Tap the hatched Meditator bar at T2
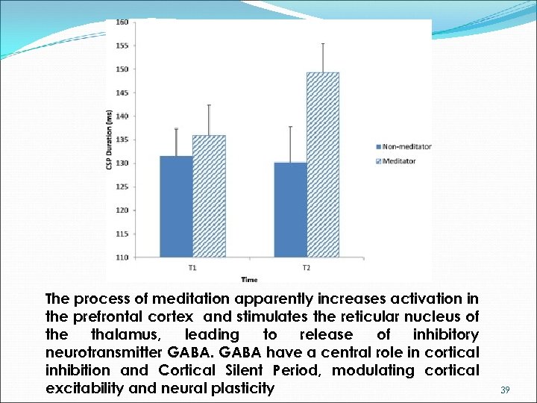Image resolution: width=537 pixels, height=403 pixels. [x=322, y=165]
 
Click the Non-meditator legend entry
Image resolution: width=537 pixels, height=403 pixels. [x=406, y=146]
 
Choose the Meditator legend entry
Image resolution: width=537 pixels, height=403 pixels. [x=401, y=160]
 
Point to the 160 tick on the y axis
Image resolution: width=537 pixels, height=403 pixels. [x=122, y=22]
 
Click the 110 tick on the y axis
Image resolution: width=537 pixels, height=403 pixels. [x=122, y=257]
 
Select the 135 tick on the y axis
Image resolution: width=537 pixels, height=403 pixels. [x=122, y=140]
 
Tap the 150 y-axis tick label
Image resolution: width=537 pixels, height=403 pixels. [x=122, y=69]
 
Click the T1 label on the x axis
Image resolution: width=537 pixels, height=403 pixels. [x=192, y=267]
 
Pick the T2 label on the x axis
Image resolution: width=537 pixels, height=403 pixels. [x=307, y=267]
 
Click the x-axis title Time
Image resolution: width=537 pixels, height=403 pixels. [x=249, y=280]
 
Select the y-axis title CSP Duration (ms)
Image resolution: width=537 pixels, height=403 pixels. [x=110, y=140]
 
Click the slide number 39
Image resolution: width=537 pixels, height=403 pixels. [x=505, y=390]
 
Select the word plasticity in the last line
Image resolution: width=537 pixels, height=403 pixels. [x=239, y=388]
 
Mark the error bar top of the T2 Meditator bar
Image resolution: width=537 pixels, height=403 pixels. [x=323, y=43]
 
